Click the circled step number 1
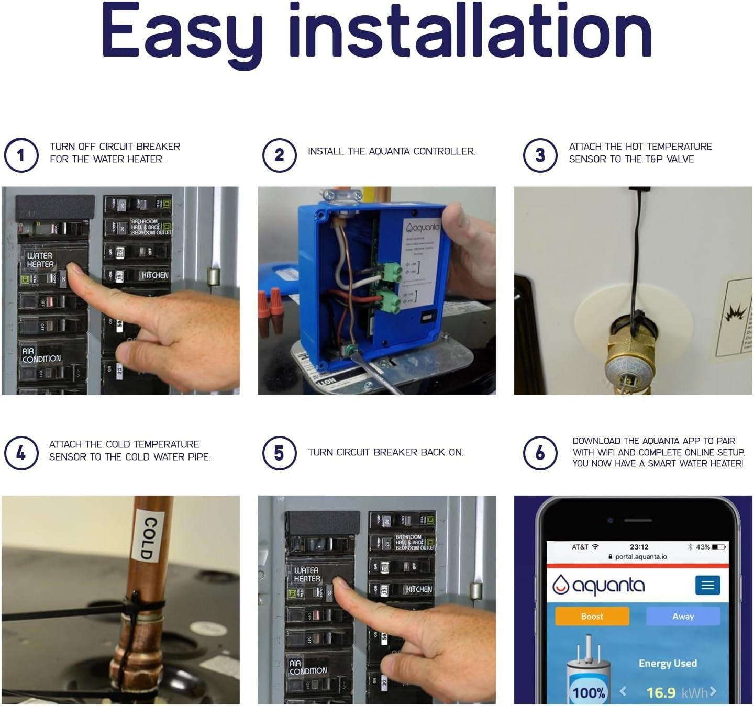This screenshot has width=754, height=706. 21,155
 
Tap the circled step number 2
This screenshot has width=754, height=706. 279,155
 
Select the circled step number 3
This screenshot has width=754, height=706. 540,155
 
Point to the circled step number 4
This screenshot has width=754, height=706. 21,453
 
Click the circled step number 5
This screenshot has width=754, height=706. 279,453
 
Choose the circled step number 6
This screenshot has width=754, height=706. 540,453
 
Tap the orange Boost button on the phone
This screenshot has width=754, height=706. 592,616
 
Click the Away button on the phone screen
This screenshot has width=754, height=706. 683,616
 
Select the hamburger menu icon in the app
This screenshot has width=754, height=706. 707,585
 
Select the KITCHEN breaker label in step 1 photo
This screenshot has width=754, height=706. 155,275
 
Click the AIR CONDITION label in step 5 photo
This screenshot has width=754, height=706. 308,667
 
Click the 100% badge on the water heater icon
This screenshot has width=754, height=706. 589,693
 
